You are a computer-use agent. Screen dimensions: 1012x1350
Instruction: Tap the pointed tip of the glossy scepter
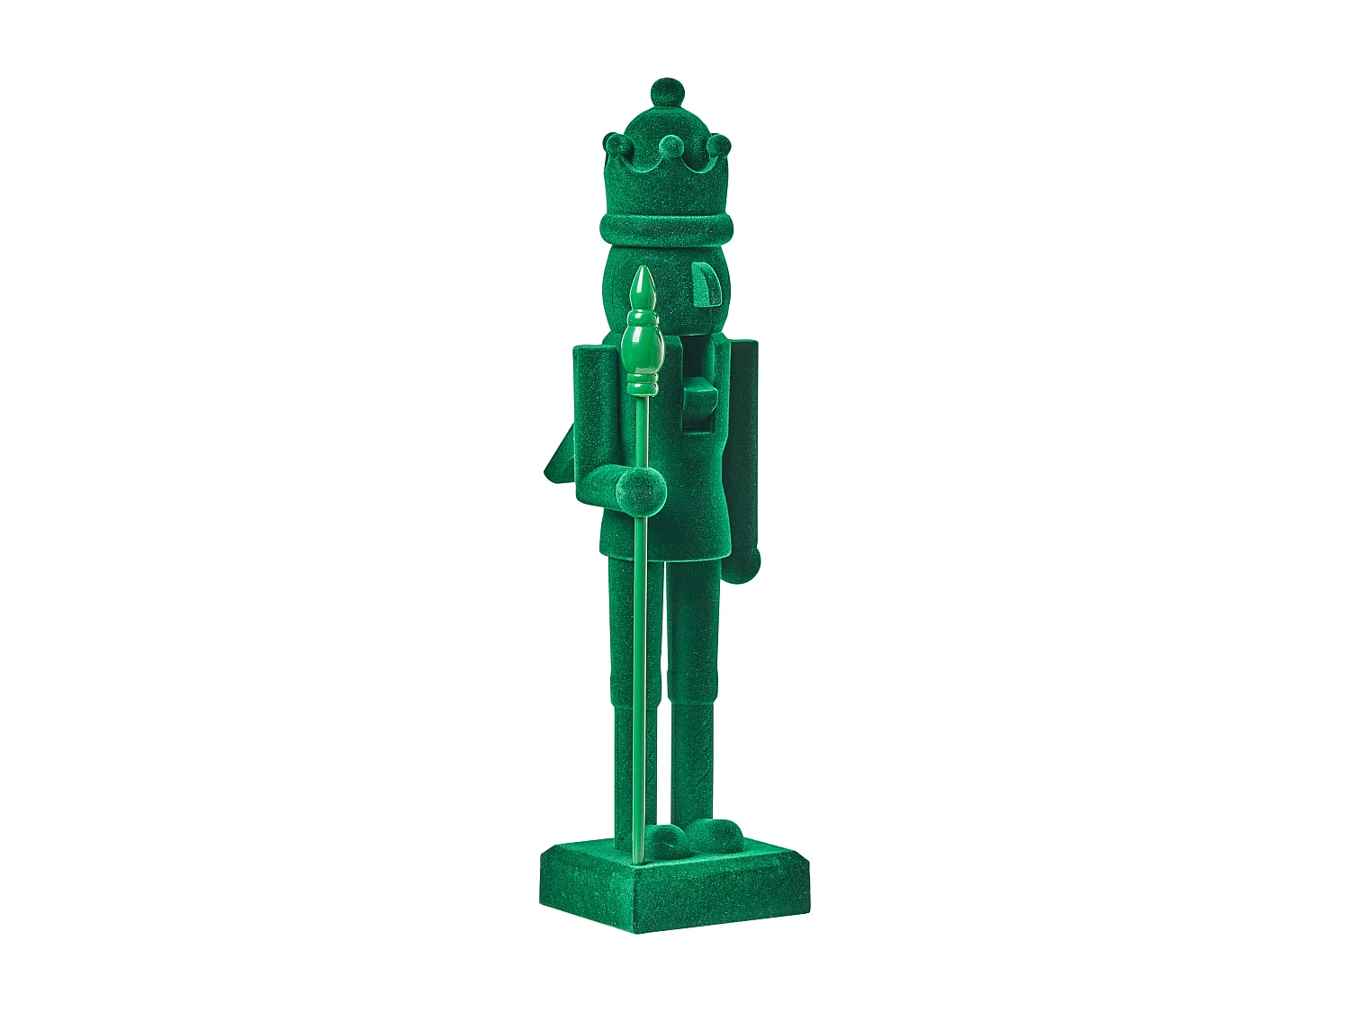(641, 284)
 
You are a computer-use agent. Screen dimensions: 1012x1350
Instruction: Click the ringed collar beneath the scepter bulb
(642, 385)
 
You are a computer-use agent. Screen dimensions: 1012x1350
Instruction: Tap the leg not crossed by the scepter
(693, 684)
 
